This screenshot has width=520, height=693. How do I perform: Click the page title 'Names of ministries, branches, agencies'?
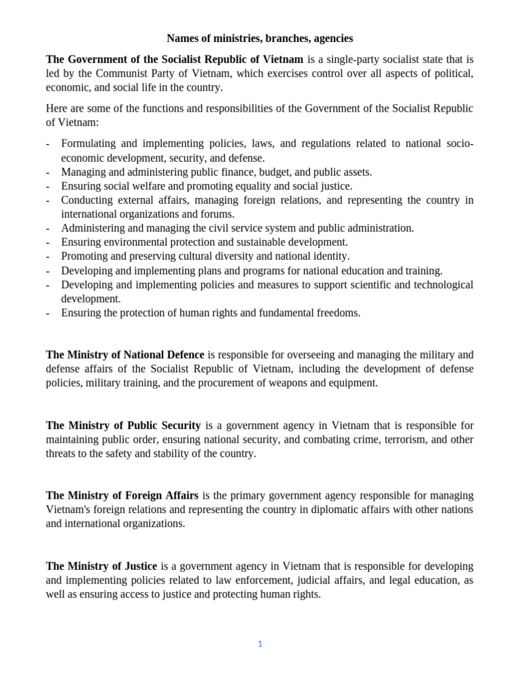259,39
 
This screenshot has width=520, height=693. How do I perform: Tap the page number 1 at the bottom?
259,644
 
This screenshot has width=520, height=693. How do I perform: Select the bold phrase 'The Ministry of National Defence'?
125,355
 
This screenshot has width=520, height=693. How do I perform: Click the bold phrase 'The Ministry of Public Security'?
123,426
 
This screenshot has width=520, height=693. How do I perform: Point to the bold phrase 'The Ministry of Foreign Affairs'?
123,495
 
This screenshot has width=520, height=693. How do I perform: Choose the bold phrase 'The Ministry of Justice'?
102,566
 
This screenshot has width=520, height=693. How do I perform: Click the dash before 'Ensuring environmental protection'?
48,242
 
